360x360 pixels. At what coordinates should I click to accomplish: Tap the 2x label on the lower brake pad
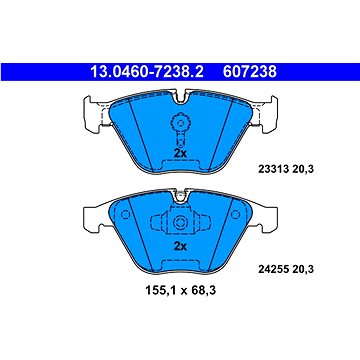180,243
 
